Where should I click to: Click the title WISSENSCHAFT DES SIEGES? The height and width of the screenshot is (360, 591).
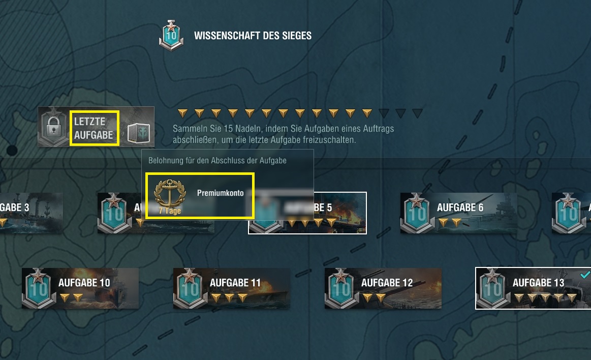[253, 36]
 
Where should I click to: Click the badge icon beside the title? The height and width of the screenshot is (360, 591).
[171, 36]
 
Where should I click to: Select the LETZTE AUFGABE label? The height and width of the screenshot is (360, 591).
[94, 128]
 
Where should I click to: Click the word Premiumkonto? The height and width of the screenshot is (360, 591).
[220, 193]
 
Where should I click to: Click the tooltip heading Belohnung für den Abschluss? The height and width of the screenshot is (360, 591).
[217, 161]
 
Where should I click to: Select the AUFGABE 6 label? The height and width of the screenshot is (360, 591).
[460, 207]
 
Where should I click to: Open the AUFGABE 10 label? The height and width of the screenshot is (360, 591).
[84, 283]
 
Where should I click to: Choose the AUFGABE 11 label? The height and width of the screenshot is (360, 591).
[235, 283]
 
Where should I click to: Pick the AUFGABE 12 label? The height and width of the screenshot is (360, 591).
[387, 283]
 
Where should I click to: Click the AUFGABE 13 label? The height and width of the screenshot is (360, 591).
[538, 283]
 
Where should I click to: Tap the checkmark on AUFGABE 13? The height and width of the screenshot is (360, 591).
[585, 275]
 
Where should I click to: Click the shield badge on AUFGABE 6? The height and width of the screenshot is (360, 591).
[417, 213]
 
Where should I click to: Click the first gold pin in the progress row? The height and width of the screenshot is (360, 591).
[183, 113]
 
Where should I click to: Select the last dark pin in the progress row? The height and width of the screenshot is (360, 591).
[417, 113]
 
